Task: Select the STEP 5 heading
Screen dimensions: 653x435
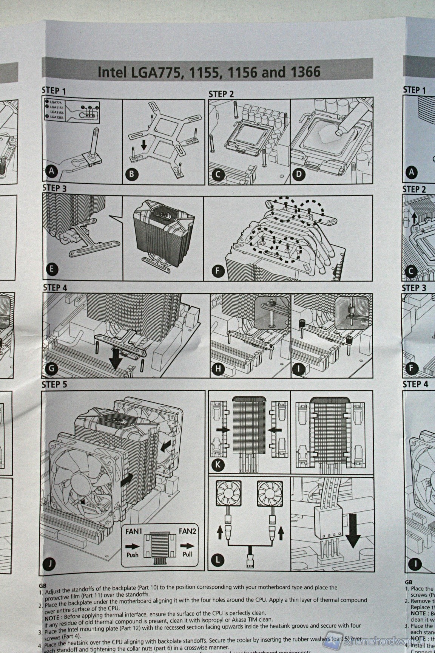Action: click(x=55, y=385)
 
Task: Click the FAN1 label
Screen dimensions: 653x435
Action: click(x=134, y=531)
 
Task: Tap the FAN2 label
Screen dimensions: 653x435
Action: click(x=188, y=531)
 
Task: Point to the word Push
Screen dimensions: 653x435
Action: click(x=132, y=555)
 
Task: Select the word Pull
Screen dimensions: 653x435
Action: click(x=187, y=554)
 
